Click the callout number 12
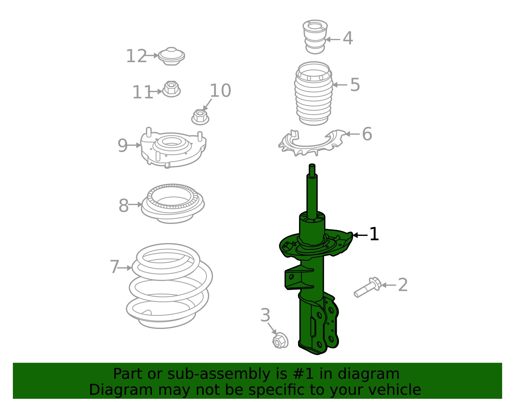[136, 56]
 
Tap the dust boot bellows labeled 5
[314, 93]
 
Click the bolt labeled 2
[367, 287]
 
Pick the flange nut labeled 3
[280, 341]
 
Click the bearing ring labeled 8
[173, 203]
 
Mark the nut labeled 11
[171, 89]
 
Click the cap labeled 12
[172, 56]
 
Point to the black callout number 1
[374, 234]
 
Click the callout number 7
[115, 267]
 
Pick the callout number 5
[355, 85]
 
